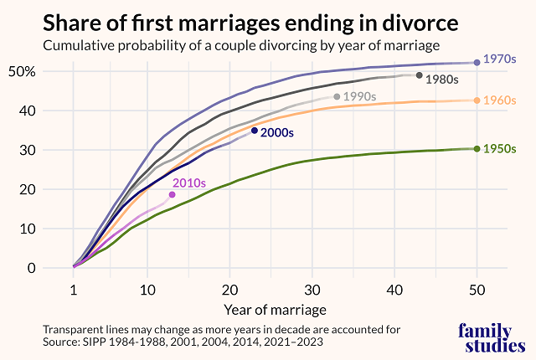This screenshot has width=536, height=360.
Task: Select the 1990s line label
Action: click(x=360, y=96)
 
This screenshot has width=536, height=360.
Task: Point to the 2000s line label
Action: click(x=280, y=131)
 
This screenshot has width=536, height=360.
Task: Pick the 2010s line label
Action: click(x=189, y=183)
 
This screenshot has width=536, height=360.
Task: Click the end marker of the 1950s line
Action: click(x=477, y=149)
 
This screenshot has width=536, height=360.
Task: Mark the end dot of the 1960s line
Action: click(x=477, y=100)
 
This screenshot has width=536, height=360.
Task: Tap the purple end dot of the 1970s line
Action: click(x=477, y=62)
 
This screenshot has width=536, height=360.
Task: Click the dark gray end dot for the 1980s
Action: click(x=420, y=75)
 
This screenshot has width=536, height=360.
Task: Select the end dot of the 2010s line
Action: click(x=173, y=194)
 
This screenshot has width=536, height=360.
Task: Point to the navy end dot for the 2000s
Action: click(x=255, y=130)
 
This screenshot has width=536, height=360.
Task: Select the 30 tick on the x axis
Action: click(x=312, y=289)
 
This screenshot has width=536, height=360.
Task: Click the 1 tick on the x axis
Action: click(x=74, y=289)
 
